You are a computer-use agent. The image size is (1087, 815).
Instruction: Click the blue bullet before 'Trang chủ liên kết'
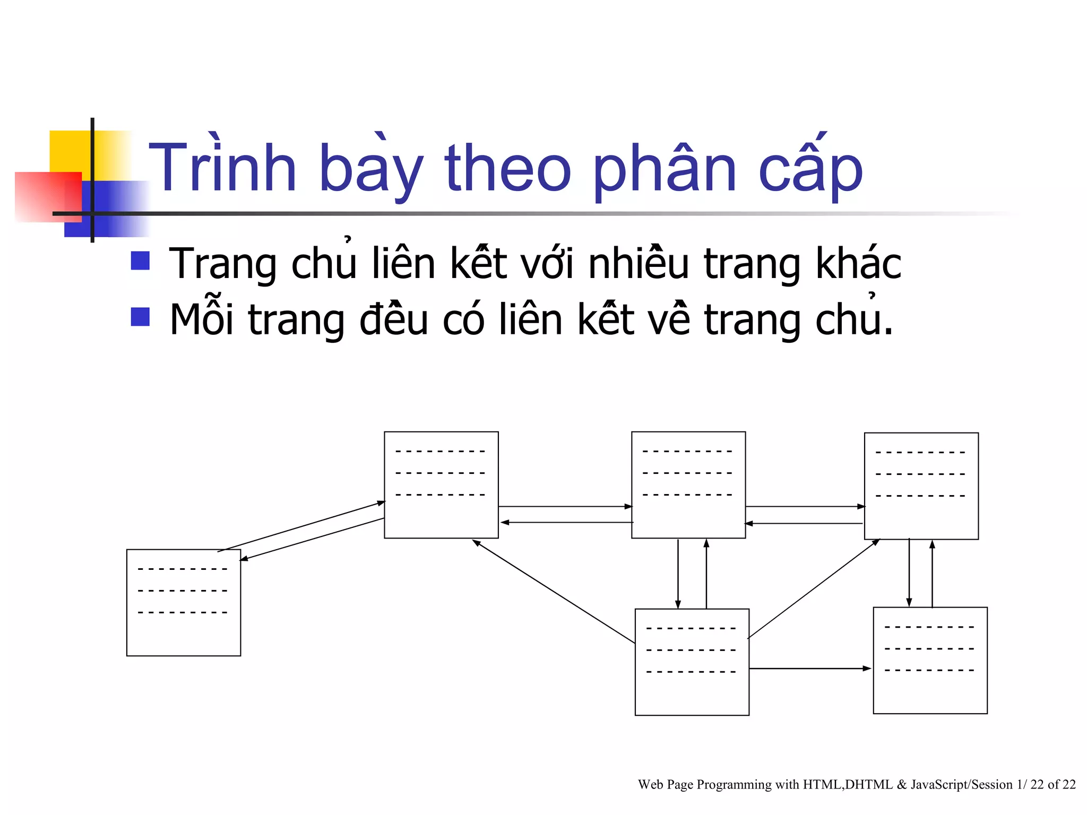pos(140,261)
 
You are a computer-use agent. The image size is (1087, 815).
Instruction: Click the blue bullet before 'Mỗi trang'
pos(140,317)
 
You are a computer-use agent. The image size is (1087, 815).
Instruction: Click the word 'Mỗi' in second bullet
pos(201,319)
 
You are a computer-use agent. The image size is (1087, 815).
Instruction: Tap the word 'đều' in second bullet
pos(393,319)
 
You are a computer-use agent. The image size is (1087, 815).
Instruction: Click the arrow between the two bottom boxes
pos(810,669)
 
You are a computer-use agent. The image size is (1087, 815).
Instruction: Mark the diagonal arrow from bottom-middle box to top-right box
pos(813,589)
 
